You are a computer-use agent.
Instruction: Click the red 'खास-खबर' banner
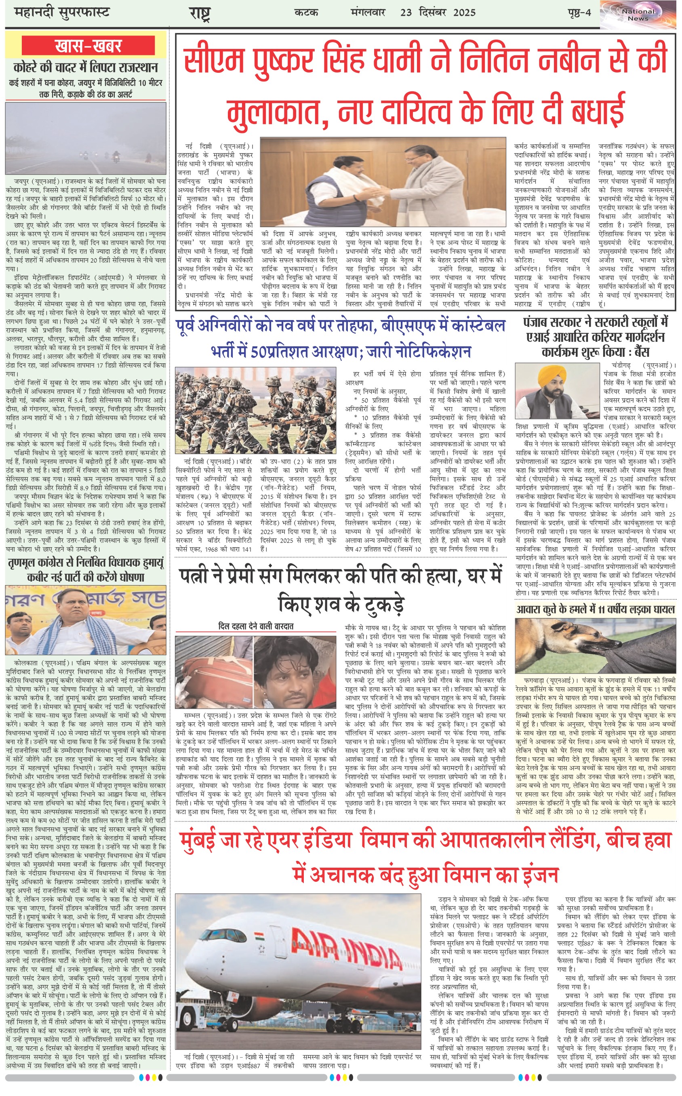click(88, 46)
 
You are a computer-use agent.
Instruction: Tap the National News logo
click(638, 15)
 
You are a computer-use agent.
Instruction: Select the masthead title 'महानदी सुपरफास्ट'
click(62, 12)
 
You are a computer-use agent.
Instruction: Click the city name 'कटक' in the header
click(306, 12)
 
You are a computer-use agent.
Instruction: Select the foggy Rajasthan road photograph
click(86, 138)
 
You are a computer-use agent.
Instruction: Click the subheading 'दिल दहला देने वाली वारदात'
click(256, 626)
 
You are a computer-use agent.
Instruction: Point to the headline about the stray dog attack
click(596, 609)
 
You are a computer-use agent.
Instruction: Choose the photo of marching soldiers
click(256, 409)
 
